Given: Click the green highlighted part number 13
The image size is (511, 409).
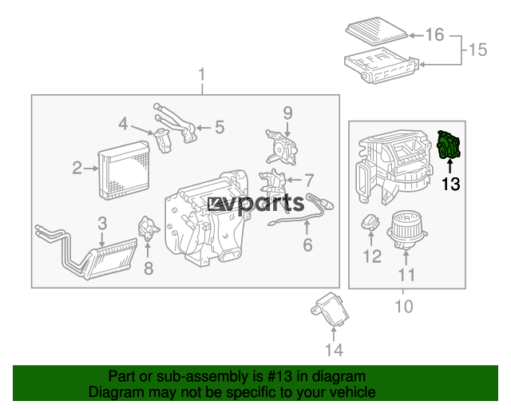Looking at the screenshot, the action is point(448,145).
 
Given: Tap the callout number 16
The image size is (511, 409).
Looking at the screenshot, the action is point(434,34).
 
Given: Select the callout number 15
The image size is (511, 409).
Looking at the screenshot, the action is point(477,50).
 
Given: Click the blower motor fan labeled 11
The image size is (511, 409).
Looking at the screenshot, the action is point(407,230).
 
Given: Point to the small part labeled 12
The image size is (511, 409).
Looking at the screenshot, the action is point(370,222).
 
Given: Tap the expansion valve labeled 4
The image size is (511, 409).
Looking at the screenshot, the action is point(163,140).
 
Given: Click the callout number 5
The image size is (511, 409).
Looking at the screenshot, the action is point(220,127).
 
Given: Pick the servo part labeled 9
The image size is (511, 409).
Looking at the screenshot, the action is point(281,147).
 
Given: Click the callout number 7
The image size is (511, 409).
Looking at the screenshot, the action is point(309,181).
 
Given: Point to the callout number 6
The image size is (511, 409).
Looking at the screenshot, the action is point(307,245).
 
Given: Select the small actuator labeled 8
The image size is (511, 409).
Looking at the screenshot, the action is point(149,228).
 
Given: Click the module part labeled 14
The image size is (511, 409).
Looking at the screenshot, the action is point(330,309).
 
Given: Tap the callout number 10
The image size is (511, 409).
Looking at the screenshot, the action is point(404,306).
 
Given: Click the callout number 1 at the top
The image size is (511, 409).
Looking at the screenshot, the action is point(202,74).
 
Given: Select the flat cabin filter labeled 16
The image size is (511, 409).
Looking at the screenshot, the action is point(377,32).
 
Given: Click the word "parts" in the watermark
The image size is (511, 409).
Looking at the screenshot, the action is point(271,204).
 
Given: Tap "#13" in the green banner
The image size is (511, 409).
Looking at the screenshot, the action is point(279,376).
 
